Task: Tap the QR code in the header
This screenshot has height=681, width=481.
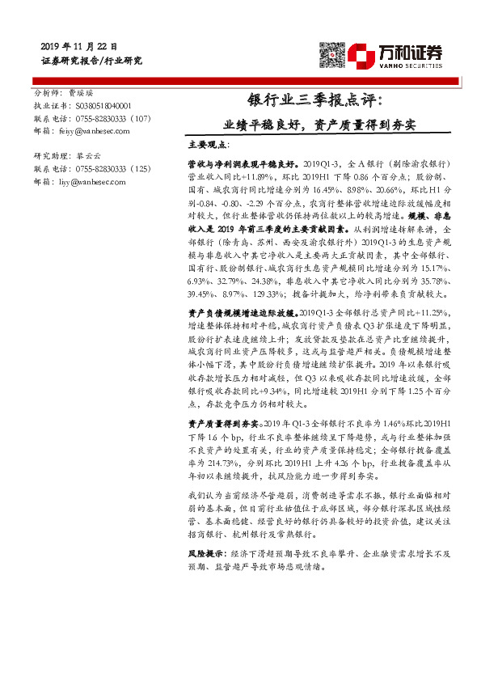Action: point(333,54)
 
